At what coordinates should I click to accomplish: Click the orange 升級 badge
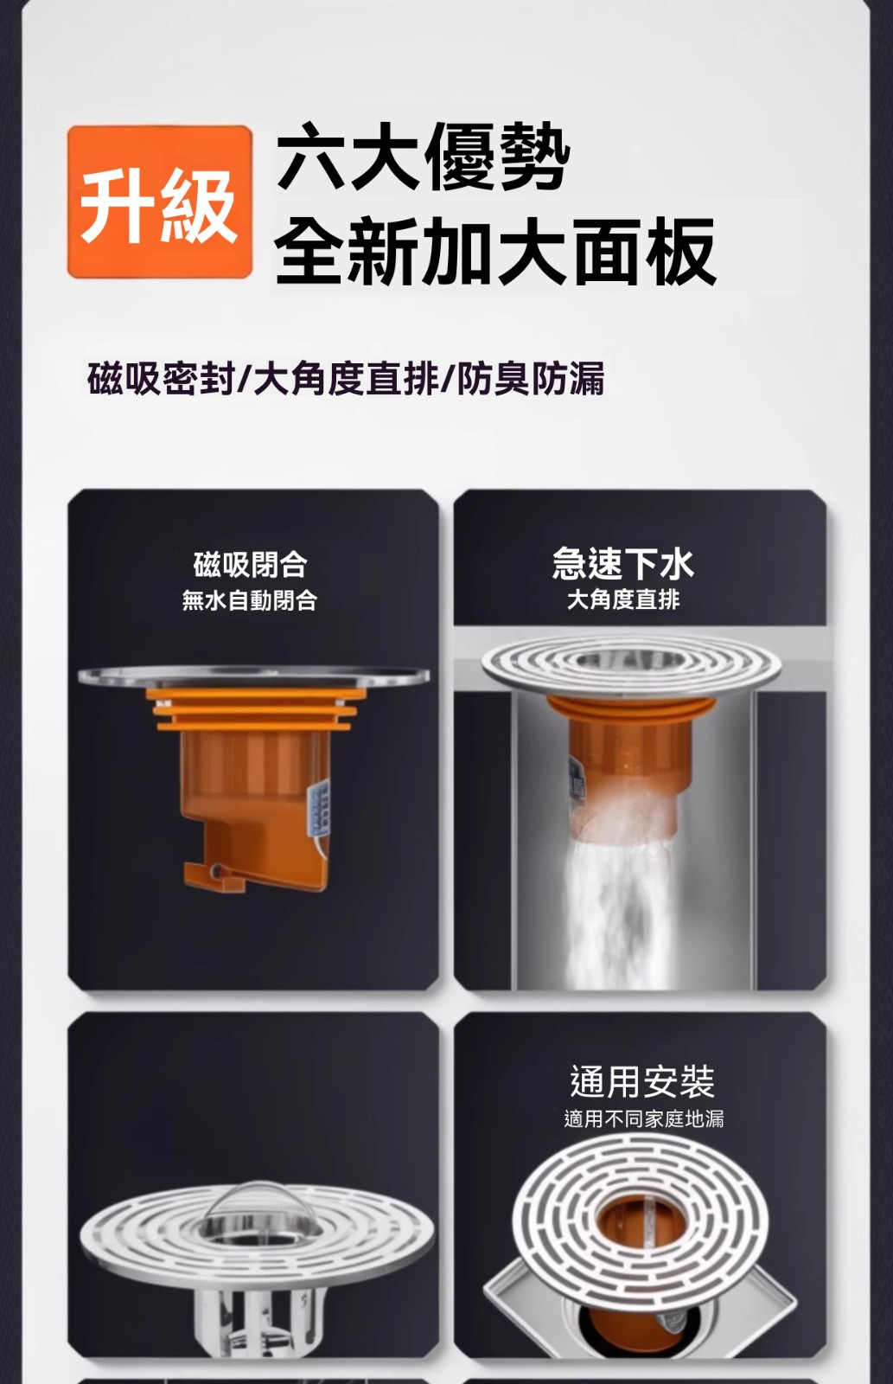pyautogui.click(x=160, y=202)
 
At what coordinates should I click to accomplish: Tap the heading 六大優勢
pyautogui.click(x=423, y=157)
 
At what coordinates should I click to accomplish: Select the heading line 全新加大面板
pyautogui.click(x=495, y=252)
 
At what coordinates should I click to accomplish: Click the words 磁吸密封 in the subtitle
pyautogui.click(x=161, y=379)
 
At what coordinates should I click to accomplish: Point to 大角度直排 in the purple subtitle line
pyautogui.click(x=346, y=379)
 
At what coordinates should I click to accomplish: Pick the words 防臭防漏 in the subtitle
pyautogui.click(x=530, y=379)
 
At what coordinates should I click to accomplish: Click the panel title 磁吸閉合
pyautogui.click(x=250, y=564)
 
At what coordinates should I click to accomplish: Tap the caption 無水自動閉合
pyautogui.click(x=250, y=600)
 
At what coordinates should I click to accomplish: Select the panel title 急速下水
pyautogui.click(x=623, y=563)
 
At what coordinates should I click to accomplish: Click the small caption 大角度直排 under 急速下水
pyautogui.click(x=623, y=599)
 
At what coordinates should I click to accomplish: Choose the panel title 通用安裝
pyautogui.click(x=642, y=1081)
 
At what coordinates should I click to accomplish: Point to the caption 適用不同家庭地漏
pyautogui.click(x=643, y=1118)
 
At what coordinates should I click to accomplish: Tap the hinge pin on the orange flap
pyautogui.click(x=215, y=871)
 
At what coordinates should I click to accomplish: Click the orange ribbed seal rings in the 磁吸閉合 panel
pyautogui.click(x=254, y=708)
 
